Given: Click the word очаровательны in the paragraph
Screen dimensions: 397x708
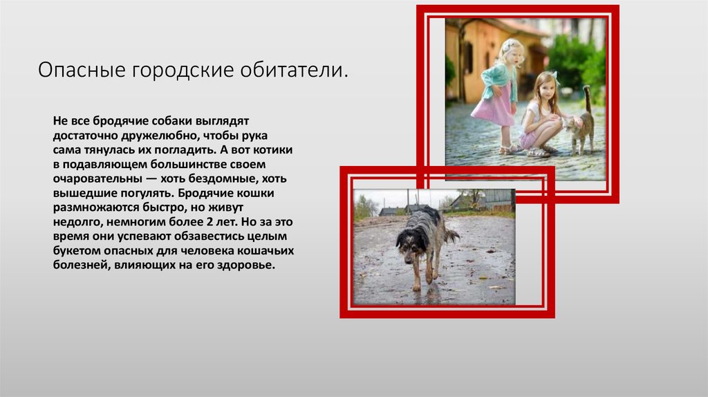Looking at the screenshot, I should (97, 178).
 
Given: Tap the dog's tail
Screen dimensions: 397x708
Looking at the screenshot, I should (451, 236).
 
